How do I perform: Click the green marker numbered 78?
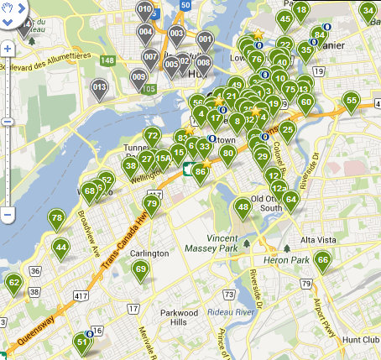click(57, 219)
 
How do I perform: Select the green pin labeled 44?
click(60, 248)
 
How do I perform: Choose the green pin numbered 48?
click(243, 207)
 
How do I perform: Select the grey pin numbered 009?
click(139, 78)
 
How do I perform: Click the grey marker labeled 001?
click(205, 39)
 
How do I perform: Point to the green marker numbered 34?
click(368, 11)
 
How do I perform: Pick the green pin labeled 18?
click(300, 10)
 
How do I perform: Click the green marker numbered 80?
click(227, 154)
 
